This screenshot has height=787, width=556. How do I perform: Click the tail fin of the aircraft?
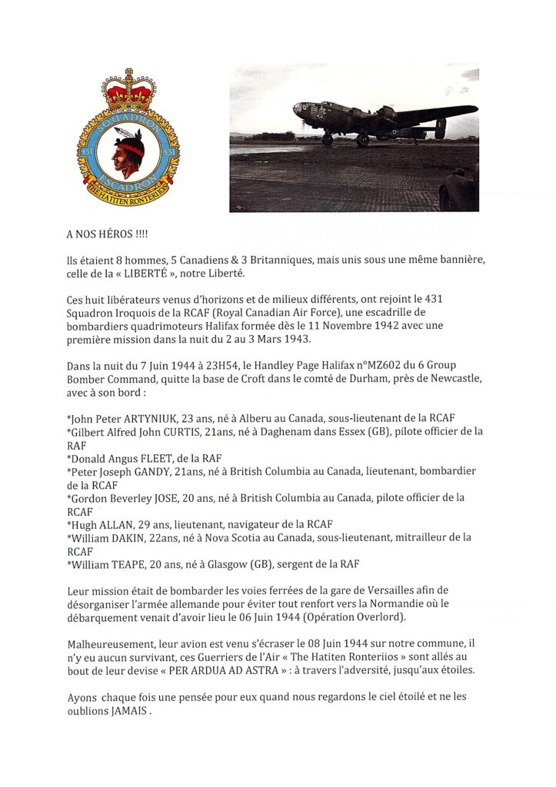click(x=441, y=128)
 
